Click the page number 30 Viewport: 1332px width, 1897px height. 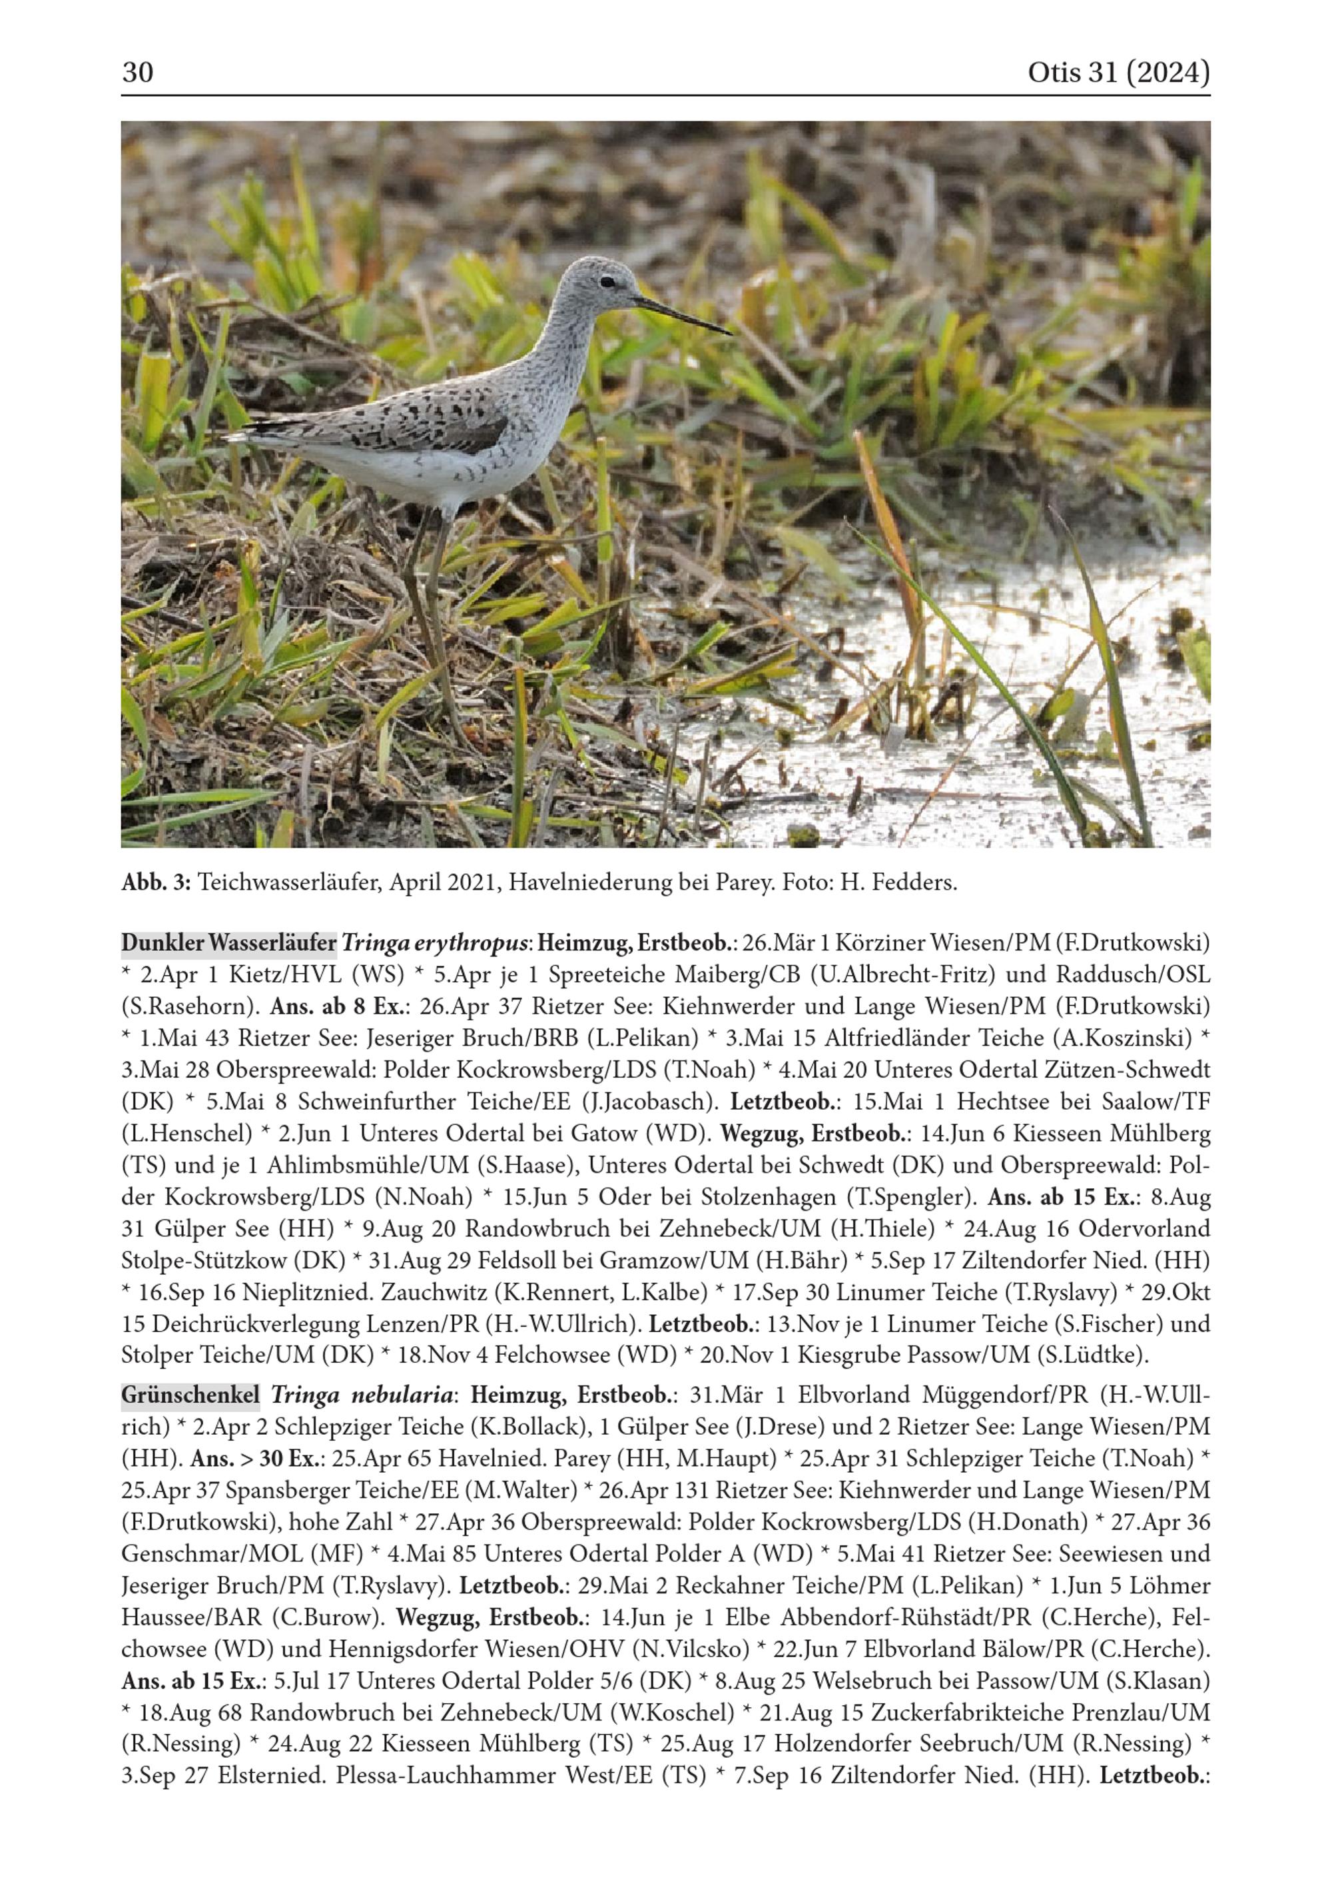(x=137, y=73)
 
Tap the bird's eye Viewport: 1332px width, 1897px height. (x=607, y=282)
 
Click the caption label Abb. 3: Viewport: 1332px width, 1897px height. (x=156, y=883)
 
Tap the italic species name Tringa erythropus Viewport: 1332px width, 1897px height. (x=435, y=943)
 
